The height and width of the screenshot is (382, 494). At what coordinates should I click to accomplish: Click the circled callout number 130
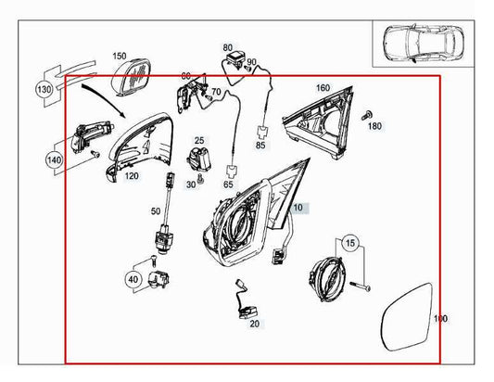tap(44, 90)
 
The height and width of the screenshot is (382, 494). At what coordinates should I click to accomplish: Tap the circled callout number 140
tap(54, 159)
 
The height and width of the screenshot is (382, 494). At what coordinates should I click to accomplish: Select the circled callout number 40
tap(133, 279)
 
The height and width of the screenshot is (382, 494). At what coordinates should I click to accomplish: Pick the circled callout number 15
tap(350, 243)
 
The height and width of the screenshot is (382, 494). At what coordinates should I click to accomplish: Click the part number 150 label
tap(120, 57)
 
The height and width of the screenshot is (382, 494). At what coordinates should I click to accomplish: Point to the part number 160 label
tap(323, 88)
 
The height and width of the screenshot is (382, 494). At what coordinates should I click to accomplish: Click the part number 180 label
tap(374, 126)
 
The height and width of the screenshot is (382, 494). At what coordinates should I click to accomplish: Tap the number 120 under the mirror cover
tap(132, 175)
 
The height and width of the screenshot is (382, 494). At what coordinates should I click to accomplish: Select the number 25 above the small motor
tap(199, 140)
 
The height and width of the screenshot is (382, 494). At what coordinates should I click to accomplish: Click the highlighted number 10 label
tap(298, 208)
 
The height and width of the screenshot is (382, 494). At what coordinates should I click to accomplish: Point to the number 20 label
tap(254, 324)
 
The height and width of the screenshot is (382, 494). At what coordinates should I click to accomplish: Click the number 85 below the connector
tap(260, 146)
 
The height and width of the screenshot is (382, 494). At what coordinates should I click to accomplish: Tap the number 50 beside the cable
tap(156, 211)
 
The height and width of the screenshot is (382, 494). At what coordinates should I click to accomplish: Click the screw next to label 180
tap(366, 115)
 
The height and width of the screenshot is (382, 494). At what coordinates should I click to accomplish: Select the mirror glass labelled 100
tap(407, 317)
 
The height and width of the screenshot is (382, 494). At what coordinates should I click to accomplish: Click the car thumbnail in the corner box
tap(424, 43)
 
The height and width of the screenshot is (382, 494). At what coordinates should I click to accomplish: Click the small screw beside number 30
tap(201, 179)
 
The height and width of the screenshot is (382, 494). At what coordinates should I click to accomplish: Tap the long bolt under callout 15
tap(360, 286)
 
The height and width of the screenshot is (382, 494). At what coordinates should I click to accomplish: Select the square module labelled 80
tap(235, 59)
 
